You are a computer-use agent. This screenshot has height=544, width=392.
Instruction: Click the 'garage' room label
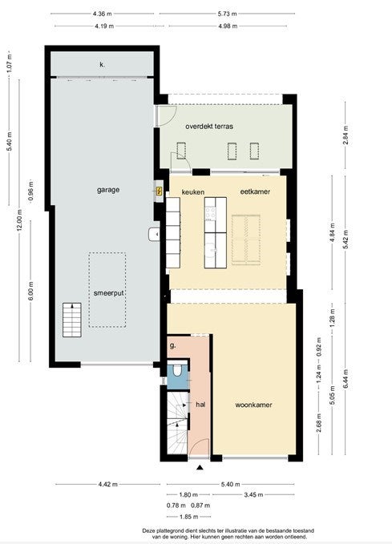pos(108,190)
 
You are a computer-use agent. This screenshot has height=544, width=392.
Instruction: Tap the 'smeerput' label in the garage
pos(109,293)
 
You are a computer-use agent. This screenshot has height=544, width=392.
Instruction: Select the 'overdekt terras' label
pos(209,127)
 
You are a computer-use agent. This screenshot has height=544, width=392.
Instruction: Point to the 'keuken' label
pos(193,191)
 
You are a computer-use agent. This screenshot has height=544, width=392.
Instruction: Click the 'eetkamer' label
pos(255,191)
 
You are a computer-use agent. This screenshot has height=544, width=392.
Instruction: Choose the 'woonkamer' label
pos(253,405)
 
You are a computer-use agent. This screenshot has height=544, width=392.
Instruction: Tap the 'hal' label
pos(200,404)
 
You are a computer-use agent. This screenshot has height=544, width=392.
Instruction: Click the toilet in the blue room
pos(177,370)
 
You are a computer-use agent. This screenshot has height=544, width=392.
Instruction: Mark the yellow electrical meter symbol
pos(160,191)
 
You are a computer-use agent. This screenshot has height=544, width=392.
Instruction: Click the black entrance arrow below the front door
pos(200,468)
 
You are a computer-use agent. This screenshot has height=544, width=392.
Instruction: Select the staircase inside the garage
pos(72,320)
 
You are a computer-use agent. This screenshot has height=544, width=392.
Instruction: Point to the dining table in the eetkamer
pos(246,240)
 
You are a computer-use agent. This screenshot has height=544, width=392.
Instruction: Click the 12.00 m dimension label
pos(19,220)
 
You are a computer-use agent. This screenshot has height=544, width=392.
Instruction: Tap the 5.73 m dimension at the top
pos(228,14)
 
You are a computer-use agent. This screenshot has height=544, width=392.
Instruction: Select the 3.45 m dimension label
pos(253,494)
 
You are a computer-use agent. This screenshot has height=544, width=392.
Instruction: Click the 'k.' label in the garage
pos(102,65)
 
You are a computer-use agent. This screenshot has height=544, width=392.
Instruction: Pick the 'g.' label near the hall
pos(172,345)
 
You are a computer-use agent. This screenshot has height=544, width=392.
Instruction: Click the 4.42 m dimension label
pos(108,484)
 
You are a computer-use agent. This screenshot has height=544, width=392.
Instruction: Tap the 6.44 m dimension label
pos(346,379)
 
